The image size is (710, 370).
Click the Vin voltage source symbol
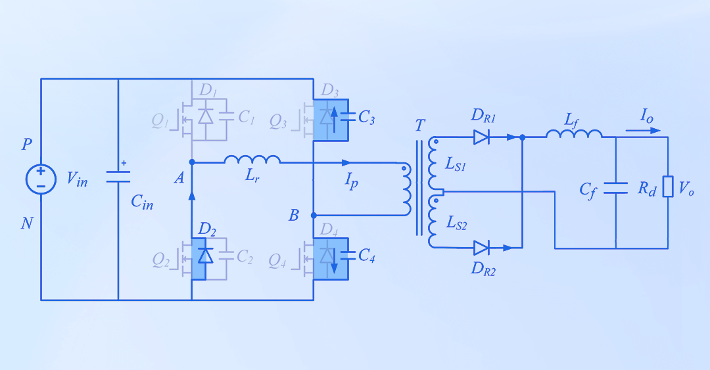pos(41,179)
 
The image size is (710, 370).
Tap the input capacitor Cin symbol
pos(118,176)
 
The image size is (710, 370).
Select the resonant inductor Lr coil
pos(252,160)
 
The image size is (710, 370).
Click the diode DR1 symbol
pos(481,137)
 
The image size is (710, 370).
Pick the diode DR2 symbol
pos(481,248)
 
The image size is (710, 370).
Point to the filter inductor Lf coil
pos(574,134)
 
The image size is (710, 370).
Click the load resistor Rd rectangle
pos(668,187)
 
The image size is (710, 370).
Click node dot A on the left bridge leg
pos(191,162)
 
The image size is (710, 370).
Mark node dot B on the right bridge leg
pos(314,215)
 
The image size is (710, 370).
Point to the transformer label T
pos(420,126)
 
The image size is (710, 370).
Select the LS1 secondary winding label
pos(456,166)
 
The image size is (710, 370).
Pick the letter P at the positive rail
pos(27,145)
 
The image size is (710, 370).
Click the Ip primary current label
pos(352,181)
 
